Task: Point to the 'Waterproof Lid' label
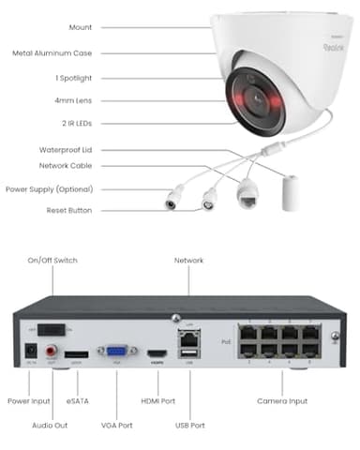[x=66, y=149]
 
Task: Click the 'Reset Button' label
[x=68, y=210]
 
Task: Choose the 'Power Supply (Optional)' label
[x=49, y=188]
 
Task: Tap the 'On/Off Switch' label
[x=52, y=260]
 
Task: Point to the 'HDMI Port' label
[x=157, y=400]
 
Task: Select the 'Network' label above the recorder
[x=188, y=260]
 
